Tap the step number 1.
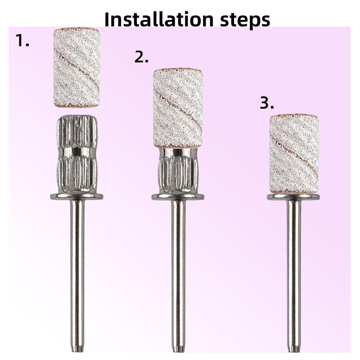tap(22, 40)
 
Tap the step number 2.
tap(141, 57)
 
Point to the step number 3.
tap(267, 103)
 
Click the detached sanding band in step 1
tap(76, 68)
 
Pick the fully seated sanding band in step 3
tap(294, 153)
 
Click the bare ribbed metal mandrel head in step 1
tap(76, 154)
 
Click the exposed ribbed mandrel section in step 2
tap(178, 171)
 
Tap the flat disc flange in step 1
tap(76, 197)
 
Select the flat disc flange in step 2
tap(178, 197)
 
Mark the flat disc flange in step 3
tap(294, 197)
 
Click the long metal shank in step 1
tap(77, 275)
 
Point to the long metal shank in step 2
tap(178, 275)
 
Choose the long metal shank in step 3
tap(294, 275)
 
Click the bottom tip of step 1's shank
tap(77, 352)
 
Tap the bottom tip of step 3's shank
tap(294, 352)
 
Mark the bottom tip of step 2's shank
tap(178, 352)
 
